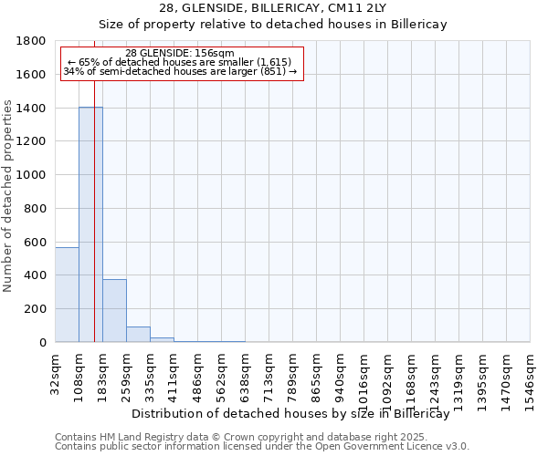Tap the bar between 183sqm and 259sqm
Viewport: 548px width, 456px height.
coord(114,310)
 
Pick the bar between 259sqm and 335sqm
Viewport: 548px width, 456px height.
coord(138,334)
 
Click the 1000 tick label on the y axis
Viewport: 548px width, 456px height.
coord(32,175)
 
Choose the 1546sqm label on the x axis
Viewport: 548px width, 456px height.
coord(531,373)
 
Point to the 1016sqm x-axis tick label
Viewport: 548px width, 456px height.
coord(364,373)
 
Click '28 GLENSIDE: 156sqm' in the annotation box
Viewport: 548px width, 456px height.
coord(180,53)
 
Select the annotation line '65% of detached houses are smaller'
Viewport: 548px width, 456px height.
coord(180,62)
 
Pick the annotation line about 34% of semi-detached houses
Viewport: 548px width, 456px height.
coord(180,71)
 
